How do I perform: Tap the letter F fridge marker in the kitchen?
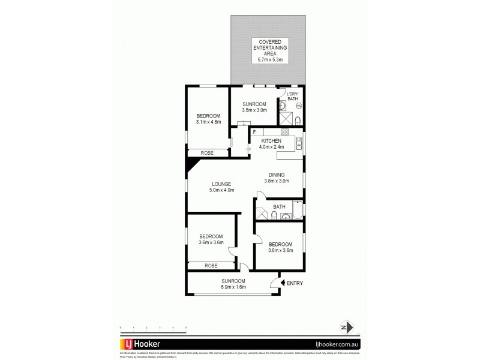(x=254, y=131)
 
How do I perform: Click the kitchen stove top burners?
(x=285, y=131)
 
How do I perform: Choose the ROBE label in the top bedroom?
(x=208, y=153)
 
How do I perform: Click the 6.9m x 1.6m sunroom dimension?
(x=233, y=287)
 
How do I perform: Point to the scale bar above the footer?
(x=154, y=327)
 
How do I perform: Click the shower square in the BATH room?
(x=262, y=214)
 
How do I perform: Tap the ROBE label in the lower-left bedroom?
(x=211, y=265)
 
